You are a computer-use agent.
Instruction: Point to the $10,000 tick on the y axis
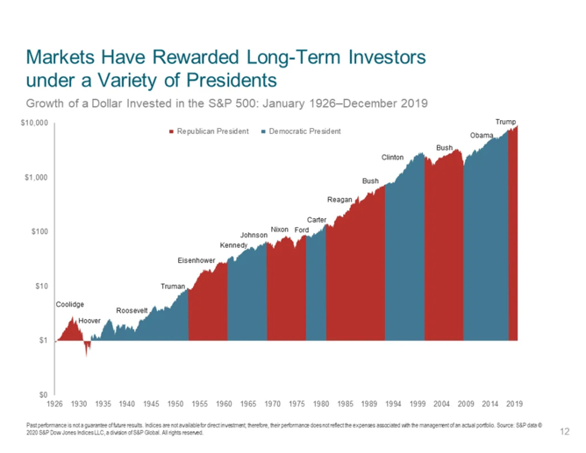(35, 125)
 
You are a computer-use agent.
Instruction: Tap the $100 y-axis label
(40, 232)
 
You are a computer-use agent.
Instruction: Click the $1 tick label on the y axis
(44, 340)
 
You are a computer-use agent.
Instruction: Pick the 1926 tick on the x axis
(54, 404)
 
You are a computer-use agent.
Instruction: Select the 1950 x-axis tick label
(175, 404)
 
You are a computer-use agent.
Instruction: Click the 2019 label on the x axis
(514, 404)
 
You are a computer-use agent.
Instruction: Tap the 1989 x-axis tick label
(368, 404)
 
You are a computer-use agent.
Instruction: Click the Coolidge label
(70, 305)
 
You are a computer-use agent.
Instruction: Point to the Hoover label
(89, 322)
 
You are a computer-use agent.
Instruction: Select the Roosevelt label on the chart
(132, 311)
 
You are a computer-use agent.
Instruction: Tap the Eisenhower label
(197, 260)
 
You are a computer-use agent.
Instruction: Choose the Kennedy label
(233, 244)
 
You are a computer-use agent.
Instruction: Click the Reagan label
(339, 200)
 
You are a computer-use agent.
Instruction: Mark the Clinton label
(392, 158)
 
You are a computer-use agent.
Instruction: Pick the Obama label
(482, 136)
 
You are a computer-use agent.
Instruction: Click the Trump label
(505, 121)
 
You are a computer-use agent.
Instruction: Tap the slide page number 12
(564, 431)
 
